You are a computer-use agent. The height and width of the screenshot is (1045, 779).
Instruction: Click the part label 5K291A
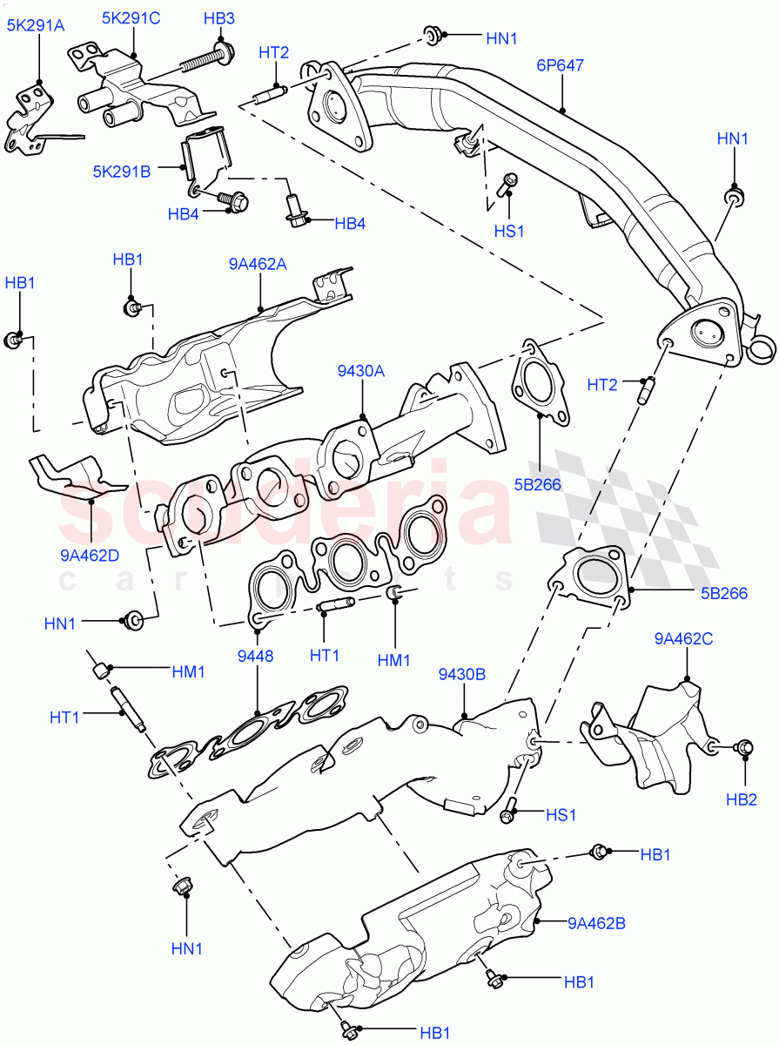coord(36,26)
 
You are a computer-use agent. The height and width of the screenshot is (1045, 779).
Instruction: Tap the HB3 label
coord(218,17)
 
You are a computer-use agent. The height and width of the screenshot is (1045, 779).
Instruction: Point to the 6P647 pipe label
coord(560,64)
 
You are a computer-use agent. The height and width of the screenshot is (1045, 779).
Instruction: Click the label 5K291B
coord(122,172)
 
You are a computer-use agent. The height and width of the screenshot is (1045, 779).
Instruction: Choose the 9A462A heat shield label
coord(258,264)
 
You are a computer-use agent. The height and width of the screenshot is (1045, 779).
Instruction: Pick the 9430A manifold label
coord(361,371)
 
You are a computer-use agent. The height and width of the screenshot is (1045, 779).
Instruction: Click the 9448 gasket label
coord(257,656)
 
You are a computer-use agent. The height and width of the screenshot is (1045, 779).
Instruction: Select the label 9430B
coord(462,673)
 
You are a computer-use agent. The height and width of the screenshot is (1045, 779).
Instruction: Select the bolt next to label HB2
coord(744,747)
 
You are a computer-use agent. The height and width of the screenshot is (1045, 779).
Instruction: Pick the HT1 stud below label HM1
coord(127,711)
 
